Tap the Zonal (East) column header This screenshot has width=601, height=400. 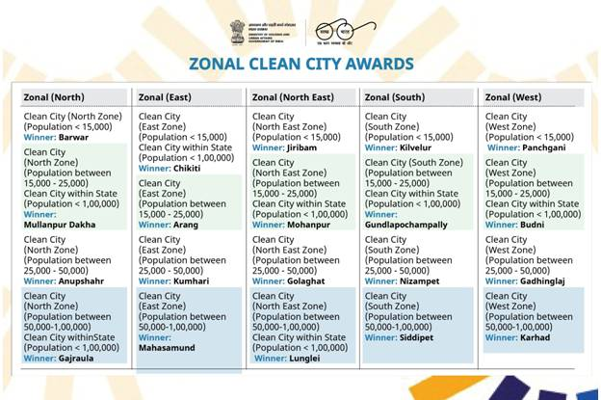[x=165, y=97]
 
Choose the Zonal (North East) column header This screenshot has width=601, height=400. [x=293, y=97]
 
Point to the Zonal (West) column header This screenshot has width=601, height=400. [x=513, y=97]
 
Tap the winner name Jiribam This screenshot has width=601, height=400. [x=303, y=147]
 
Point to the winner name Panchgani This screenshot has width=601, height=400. [x=540, y=147]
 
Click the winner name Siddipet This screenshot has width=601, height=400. [x=420, y=337]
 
